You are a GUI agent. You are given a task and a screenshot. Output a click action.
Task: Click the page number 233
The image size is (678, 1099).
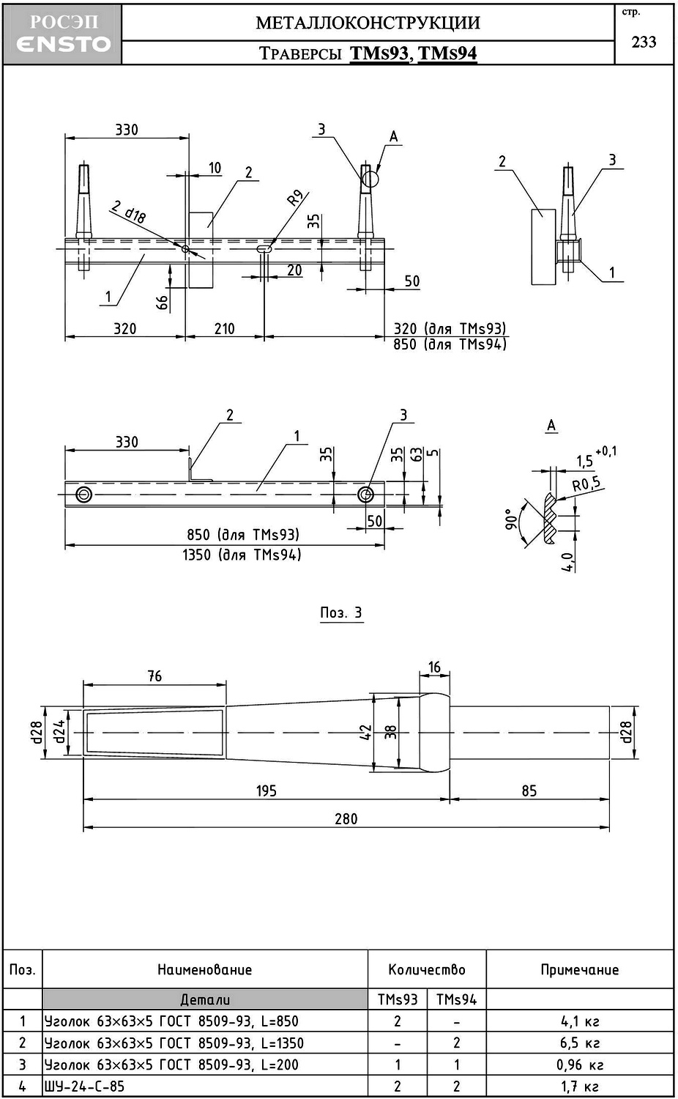(644, 42)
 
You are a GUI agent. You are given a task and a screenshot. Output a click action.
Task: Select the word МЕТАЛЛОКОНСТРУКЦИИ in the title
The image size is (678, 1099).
(368, 23)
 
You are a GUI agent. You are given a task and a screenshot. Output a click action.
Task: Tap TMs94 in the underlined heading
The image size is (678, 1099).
(447, 53)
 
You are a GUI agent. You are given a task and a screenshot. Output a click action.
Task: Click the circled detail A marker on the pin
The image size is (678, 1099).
(370, 177)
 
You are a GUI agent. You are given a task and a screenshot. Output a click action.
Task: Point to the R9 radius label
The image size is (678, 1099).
(294, 198)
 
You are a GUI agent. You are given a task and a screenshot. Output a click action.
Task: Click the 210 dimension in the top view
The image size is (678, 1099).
(224, 329)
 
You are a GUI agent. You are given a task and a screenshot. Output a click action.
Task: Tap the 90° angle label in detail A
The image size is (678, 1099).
(512, 519)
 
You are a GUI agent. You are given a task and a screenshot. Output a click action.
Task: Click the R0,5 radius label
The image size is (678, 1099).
(586, 484)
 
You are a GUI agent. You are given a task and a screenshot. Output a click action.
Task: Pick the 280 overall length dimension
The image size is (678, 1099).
(346, 819)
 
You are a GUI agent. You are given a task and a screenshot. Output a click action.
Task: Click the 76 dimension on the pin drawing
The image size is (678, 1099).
(154, 676)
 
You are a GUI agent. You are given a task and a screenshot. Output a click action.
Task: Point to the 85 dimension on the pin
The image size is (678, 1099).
(529, 791)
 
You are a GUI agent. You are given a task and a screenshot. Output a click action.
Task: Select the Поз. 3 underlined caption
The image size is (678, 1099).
(341, 613)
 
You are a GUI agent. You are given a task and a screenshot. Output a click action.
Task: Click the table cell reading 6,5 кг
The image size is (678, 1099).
(580, 1043)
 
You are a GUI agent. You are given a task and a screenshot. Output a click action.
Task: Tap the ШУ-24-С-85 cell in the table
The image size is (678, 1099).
(85, 1087)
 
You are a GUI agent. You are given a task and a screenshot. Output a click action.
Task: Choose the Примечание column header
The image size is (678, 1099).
(579, 970)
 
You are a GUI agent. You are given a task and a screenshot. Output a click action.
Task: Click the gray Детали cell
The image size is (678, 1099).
(205, 999)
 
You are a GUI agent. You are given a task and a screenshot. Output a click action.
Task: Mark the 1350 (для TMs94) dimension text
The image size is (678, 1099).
(242, 555)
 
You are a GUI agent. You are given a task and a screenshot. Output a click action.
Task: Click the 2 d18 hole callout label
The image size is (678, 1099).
(129, 212)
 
